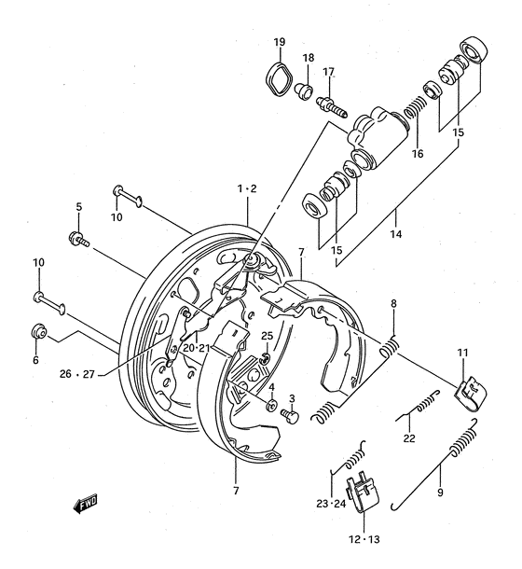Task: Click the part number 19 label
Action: pyautogui.click(x=279, y=42)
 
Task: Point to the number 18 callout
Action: pyautogui.click(x=309, y=58)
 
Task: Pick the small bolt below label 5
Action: pyautogui.click(x=77, y=240)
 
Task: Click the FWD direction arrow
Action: pyautogui.click(x=87, y=505)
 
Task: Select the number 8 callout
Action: pyautogui.click(x=393, y=303)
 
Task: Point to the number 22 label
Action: pyautogui.click(x=408, y=440)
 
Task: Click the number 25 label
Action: pyautogui.click(x=267, y=335)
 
